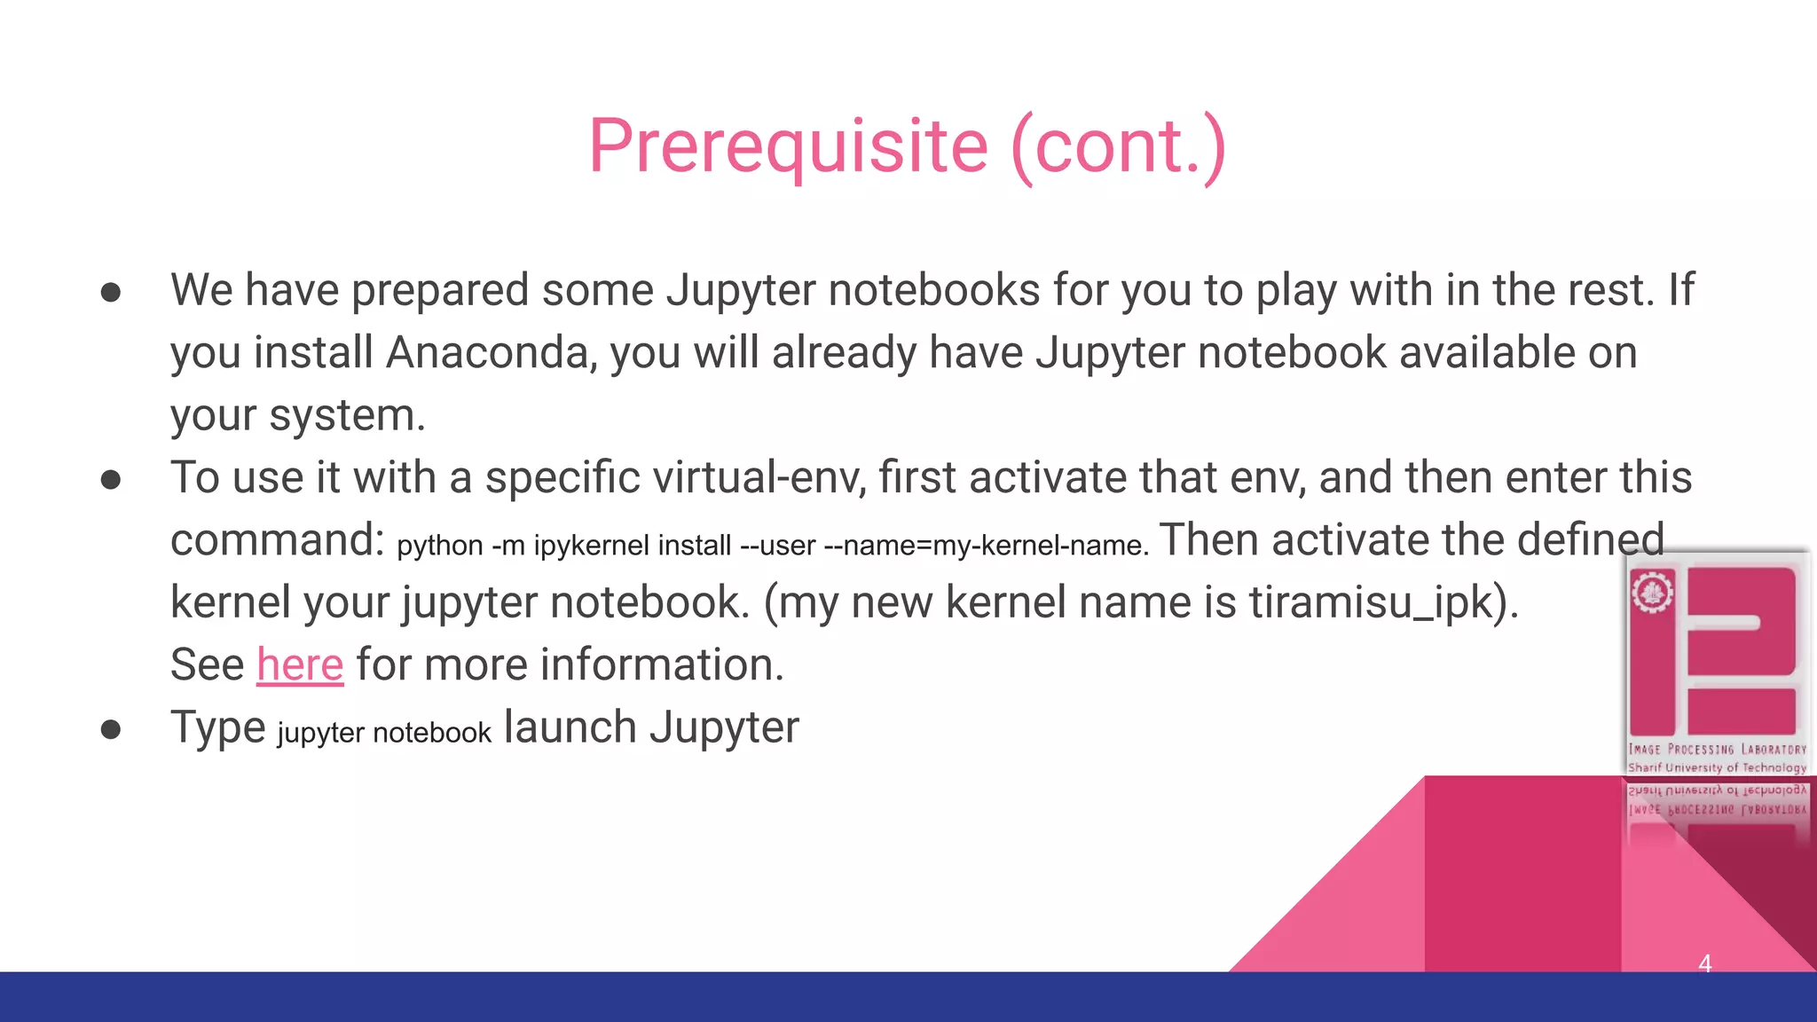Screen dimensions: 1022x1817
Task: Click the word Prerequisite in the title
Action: pos(788,146)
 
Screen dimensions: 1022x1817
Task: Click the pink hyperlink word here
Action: pos(300,664)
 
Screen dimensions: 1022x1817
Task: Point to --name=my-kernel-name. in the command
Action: pos(986,545)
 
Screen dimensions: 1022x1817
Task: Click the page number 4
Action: pos(1704,963)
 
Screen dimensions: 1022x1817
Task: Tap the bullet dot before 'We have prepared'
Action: pos(111,293)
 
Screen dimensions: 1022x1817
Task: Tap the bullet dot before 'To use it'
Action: pos(111,480)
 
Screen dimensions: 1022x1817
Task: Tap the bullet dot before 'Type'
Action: pos(111,729)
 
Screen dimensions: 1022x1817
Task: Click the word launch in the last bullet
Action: pos(570,727)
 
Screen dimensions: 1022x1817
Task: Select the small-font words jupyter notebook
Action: pos(383,733)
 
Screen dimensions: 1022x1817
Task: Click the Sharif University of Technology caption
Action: pos(1717,767)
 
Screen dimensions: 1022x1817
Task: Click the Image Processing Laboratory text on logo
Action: pos(1717,750)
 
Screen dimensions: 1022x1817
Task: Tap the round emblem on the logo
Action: pos(1652,593)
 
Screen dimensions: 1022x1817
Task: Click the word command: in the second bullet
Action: pos(277,540)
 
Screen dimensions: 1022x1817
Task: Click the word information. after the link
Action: pos(662,664)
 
